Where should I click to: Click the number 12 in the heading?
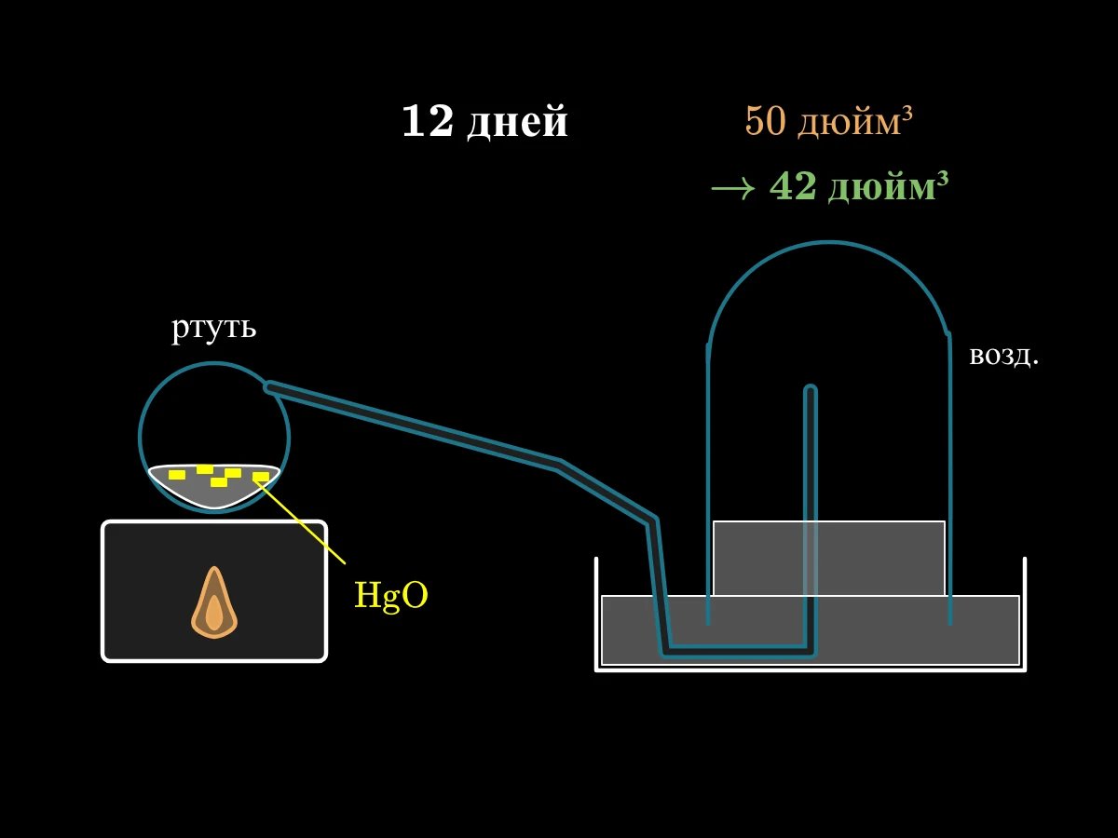coord(428,121)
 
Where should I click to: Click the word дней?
coord(517,123)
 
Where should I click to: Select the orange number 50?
coord(765,121)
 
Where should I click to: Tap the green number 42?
coord(793,185)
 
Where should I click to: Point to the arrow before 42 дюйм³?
coord(733,188)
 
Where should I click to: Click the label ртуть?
coord(214,327)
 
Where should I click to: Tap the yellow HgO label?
coord(391,595)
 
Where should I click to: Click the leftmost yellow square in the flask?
coord(177,475)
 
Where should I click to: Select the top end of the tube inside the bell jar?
coord(811,387)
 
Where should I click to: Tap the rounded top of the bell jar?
coord(828,243)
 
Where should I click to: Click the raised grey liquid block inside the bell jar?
coord(828,558)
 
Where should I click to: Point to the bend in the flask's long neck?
coord(560,464)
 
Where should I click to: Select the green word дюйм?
coord(881,188)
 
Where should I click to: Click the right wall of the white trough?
coord(1025,615)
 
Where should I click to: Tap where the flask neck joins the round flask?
coord(269,387)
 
